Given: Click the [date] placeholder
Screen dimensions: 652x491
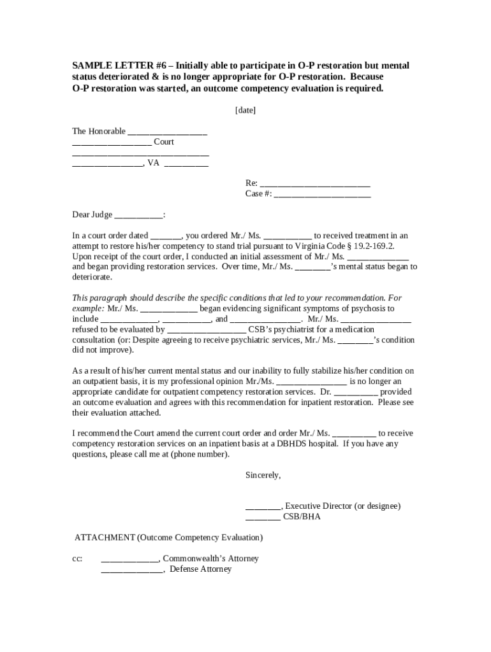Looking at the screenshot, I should (246, 110).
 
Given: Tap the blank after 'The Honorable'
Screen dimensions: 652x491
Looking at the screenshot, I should (167, 132).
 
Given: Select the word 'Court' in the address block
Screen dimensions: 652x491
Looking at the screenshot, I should (164, 142).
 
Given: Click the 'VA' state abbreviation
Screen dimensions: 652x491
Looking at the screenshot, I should (154, 163).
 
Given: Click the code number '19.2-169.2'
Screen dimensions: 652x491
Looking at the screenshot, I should (366, 246).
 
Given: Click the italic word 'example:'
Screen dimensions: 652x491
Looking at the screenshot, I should (88, 309).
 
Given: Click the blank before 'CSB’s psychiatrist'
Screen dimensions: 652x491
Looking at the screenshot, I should (206, 330).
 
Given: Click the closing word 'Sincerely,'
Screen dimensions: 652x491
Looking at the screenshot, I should (263, 475).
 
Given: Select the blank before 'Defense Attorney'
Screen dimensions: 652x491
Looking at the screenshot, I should (132, 569).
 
